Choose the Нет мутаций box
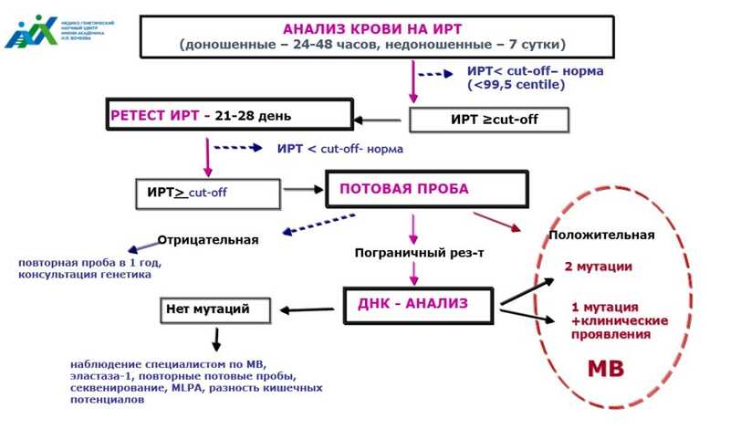(215, 309)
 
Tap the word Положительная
(601, 235)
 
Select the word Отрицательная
(208, 240)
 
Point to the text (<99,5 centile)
(516, 85)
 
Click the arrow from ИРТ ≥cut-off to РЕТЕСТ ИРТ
(381, 119)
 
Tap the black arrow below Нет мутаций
(217, 340)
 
